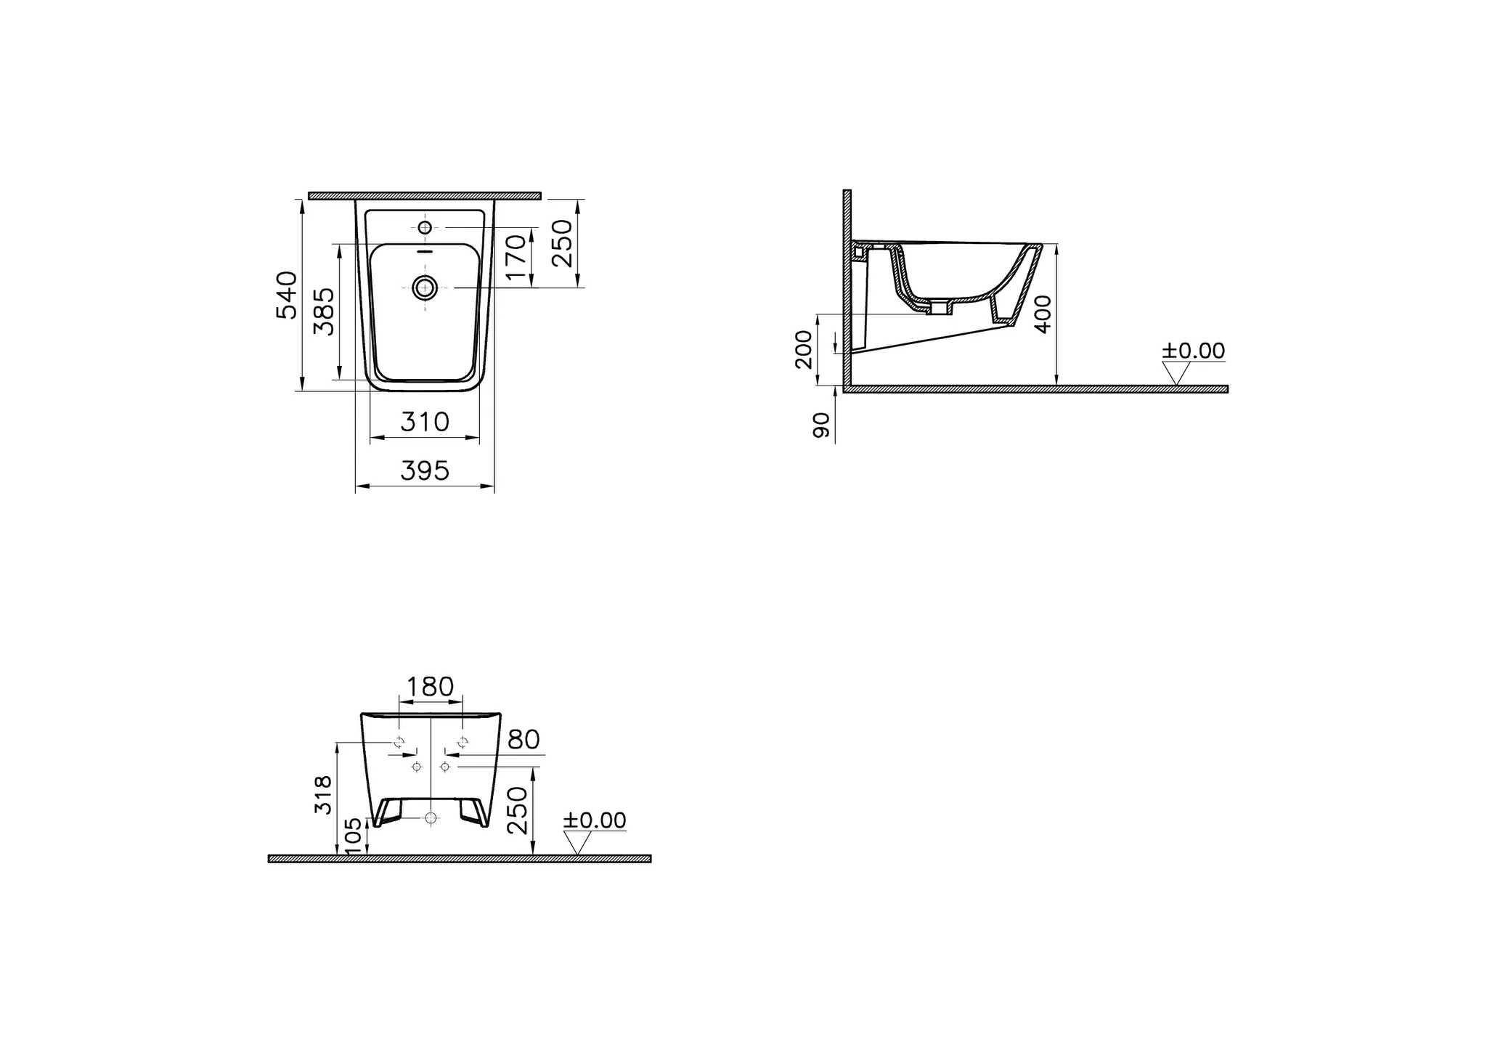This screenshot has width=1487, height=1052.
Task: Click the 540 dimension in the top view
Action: (288, 295)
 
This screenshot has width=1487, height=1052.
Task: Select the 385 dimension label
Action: (324, 311)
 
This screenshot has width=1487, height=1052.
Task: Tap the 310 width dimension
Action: (425, 422)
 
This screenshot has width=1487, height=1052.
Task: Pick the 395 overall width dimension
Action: (425, 471)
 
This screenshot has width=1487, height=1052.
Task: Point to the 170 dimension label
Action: (514, 257)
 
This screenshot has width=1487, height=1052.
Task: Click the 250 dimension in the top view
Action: (563, 243)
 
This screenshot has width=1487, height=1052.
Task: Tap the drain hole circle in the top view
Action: (425, 288)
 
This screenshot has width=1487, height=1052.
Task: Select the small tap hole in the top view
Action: (425, 228)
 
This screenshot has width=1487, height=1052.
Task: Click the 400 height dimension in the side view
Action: (1043, 314)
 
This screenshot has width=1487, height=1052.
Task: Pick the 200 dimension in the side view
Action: (803, 349)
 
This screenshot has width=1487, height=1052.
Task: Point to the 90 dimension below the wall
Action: (821, 425)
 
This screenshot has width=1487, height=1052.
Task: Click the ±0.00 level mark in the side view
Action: (1193, 351)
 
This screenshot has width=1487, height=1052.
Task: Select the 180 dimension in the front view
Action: (430, 686)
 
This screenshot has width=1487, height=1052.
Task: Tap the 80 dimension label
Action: (523, 740)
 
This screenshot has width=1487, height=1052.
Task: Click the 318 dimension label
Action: (323, 794)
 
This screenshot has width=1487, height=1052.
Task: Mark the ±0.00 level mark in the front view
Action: (595, 820)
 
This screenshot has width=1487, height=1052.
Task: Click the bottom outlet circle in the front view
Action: (431, 818)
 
